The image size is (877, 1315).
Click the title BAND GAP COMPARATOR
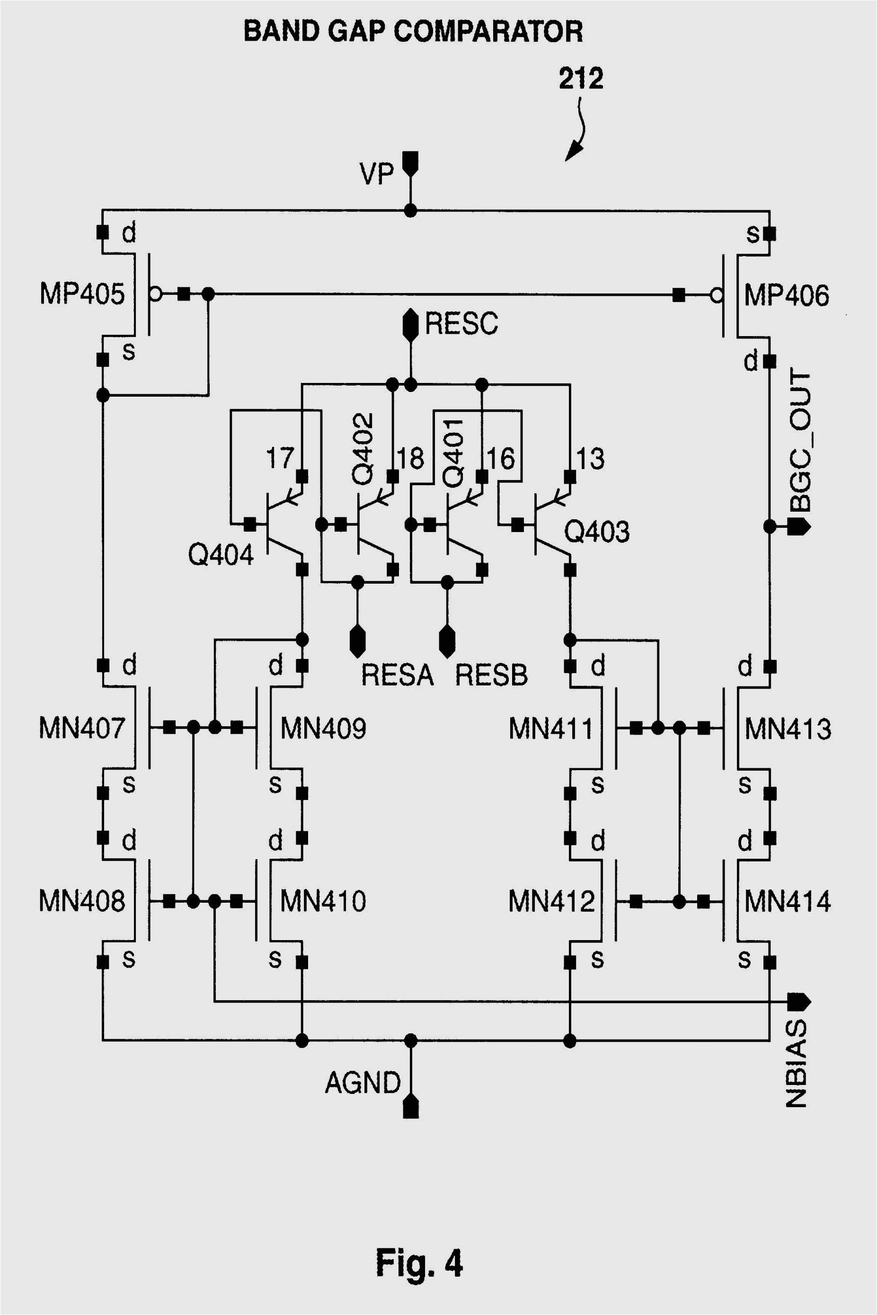point(413,31)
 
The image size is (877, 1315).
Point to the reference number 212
point(581,78)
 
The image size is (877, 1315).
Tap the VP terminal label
point(376,174)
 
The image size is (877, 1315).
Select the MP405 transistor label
point(82,293)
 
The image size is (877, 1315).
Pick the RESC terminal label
point(461,323)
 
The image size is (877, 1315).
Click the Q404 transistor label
point(221,555)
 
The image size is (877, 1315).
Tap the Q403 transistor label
point(597,532)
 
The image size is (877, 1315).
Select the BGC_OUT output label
point(800,440)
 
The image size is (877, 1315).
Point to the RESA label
point(397,675)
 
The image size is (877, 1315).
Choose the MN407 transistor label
point(82,728)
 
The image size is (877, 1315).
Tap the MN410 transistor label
point(323,901)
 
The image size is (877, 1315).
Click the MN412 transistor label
point(551,901)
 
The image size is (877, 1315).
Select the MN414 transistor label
point(788,901)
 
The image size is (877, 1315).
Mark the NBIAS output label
point(797,1063)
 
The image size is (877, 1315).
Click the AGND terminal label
point(363,1082)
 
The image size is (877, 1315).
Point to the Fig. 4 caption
point(419,1263)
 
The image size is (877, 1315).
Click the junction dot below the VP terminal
point(410,211)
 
